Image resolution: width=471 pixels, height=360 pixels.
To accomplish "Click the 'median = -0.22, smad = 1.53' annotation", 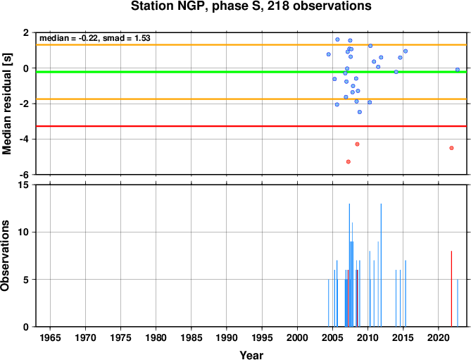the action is click(x=95, y=38).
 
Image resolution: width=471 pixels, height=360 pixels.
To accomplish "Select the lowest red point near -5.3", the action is click(x=348, y=161).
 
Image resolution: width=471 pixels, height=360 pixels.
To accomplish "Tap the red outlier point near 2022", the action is click(x=451, y=148).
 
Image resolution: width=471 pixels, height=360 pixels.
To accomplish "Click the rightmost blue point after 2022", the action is click(x=458, y=70).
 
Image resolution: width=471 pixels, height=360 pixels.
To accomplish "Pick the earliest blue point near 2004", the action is click(x=329, y=54).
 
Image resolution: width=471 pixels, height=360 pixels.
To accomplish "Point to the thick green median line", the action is click(x=251, y=72).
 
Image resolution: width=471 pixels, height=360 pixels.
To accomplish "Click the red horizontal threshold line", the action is click(x=251, y=126).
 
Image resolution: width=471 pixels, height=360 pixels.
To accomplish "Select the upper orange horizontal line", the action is click(x=251, y=45).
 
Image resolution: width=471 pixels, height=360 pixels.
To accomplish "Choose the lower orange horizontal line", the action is click(x=251, y=99).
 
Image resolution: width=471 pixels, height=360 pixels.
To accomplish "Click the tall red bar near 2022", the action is click(x=451, y=289).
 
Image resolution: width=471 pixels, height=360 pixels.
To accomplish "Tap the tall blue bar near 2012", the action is click(x=381, y=265).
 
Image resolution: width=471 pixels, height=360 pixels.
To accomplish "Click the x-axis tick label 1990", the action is click(x=227, y=337).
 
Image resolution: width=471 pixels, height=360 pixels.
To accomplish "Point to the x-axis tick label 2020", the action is click(x=438, y=337).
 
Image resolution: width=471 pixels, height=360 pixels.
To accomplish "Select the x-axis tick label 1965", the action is click(x=50, y=337).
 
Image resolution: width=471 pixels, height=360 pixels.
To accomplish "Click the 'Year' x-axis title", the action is click(x=251, y=355).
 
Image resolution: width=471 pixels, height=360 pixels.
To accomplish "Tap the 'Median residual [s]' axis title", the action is click(x=6, y=104).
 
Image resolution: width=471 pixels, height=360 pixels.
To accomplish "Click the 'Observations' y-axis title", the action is click(x=5, y=256).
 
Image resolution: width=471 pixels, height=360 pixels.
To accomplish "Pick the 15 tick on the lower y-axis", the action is click(x=26, y=185).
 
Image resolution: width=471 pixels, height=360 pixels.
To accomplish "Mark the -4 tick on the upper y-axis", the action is click(x=25, y=139).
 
